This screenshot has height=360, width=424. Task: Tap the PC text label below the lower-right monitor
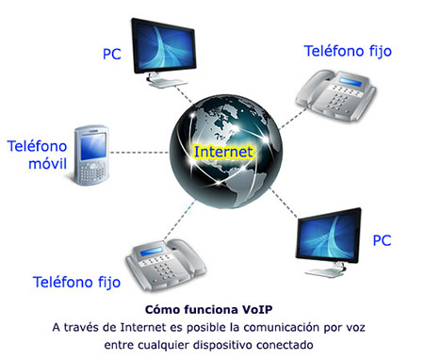382,241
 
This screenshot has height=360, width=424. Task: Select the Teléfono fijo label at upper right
348,51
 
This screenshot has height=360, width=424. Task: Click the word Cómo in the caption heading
165,309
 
